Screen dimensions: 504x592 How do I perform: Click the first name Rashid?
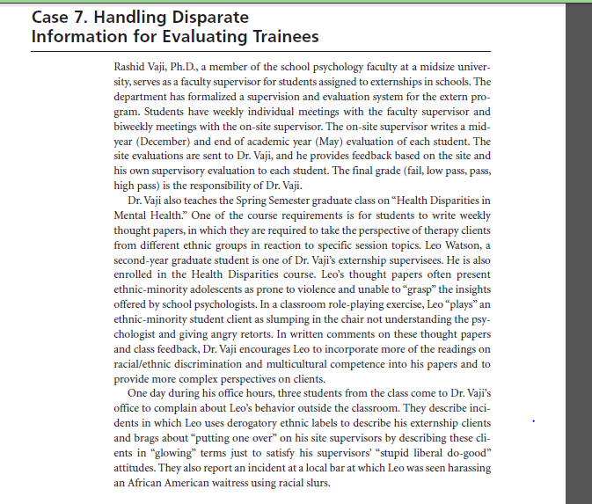point(134,67)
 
